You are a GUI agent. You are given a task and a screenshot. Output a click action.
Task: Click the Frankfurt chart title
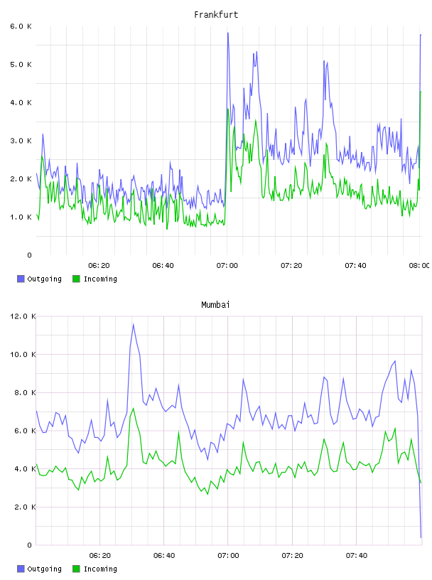tap(216, 15)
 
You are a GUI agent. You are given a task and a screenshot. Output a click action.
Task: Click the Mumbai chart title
tap(215, 305)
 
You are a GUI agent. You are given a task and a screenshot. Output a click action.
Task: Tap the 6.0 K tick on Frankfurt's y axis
tap(21, 26)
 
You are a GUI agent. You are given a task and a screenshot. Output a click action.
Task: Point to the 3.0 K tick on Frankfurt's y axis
tap(21, 141)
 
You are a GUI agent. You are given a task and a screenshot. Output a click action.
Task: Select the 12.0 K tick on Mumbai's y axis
tap(23, 316)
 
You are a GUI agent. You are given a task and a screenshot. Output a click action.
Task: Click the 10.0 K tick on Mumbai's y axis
tap(23, 355)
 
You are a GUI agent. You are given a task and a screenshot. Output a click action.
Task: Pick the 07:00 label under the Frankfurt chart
tap(227, 266)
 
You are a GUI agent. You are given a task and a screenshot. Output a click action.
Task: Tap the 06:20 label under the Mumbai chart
tap(100, 556)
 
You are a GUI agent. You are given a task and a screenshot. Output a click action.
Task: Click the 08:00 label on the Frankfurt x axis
tap(419, 266)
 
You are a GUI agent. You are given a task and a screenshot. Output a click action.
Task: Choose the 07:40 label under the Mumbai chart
tap(357, 556)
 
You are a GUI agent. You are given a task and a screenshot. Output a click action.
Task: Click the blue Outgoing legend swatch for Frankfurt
tap(21, 279)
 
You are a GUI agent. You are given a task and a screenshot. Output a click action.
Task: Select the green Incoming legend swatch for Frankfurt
tap(76, 279)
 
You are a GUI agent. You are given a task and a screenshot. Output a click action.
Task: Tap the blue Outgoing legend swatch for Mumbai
tap(21, 569)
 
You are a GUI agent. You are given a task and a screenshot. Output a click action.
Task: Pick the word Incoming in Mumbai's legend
tap(100, 569)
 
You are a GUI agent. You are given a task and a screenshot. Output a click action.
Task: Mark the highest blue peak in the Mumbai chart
tap(133, 324)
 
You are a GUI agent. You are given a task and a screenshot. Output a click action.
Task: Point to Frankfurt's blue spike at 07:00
tap(228, 33)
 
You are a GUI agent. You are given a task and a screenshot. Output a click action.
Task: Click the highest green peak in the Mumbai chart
tap(133, 409)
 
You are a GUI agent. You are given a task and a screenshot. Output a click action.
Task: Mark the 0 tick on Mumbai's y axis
tap(30, 545)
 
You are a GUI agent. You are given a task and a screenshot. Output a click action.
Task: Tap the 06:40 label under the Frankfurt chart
tap(163, 266)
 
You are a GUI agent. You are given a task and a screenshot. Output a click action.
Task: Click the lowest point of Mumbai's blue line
tap(421, 537)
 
